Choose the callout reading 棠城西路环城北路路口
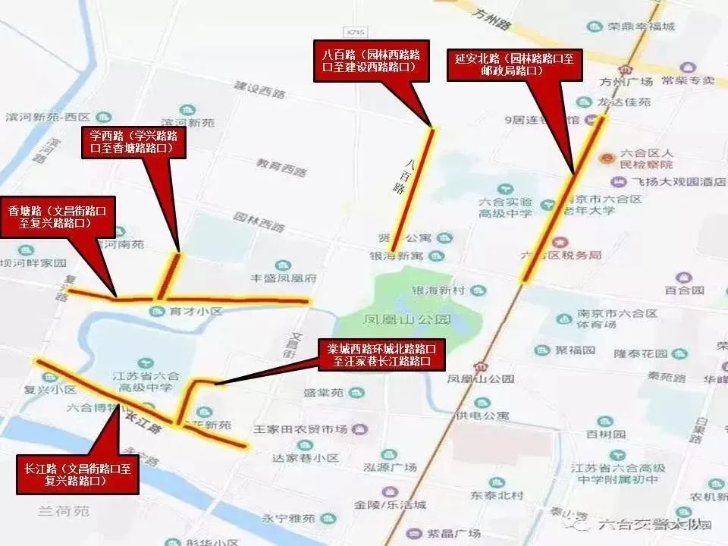pos(381,355)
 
